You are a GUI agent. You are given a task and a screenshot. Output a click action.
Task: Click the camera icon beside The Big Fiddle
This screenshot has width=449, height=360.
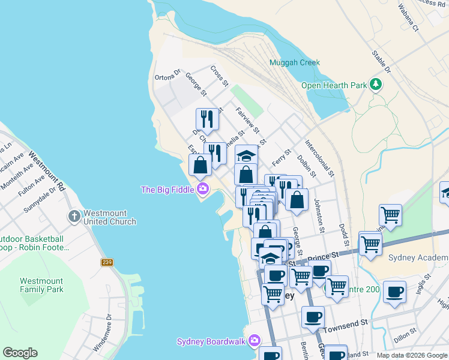[203, 190]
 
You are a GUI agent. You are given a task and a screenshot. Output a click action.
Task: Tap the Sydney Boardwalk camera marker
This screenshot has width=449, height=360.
[255, 341]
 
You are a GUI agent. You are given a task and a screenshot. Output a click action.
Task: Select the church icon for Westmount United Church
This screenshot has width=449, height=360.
[74, 216]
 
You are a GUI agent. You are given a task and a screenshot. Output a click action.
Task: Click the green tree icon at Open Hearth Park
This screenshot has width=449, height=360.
[376, 85]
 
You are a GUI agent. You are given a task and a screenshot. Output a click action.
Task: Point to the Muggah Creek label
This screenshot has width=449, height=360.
[295, 62]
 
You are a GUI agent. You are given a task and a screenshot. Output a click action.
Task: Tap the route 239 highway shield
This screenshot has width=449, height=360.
[107, 262]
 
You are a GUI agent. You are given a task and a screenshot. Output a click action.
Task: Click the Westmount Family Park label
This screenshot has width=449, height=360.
[41, 285]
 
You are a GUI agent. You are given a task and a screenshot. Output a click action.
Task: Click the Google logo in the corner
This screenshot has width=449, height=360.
[20, 353]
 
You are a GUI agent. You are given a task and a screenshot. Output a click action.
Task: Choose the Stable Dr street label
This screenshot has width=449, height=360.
[381, 62]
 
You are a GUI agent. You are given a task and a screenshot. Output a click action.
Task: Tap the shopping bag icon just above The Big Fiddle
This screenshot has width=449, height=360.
[200, 164]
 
